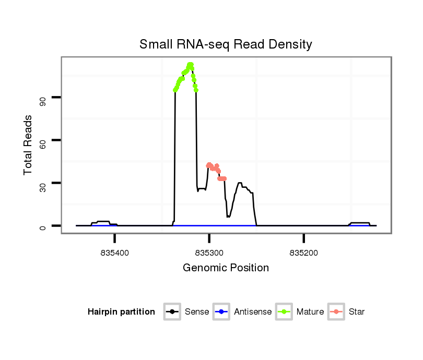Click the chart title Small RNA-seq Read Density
226,44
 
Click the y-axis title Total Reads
28,145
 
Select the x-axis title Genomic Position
226,268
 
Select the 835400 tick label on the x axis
115,252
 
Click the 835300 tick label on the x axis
209,252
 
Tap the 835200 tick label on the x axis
304,252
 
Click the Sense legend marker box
172,312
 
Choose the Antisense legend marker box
221,312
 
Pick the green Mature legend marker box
284,312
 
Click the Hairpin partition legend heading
121,312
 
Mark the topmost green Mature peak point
190,65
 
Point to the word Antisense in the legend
253,312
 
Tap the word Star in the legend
357,312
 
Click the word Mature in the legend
310,312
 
